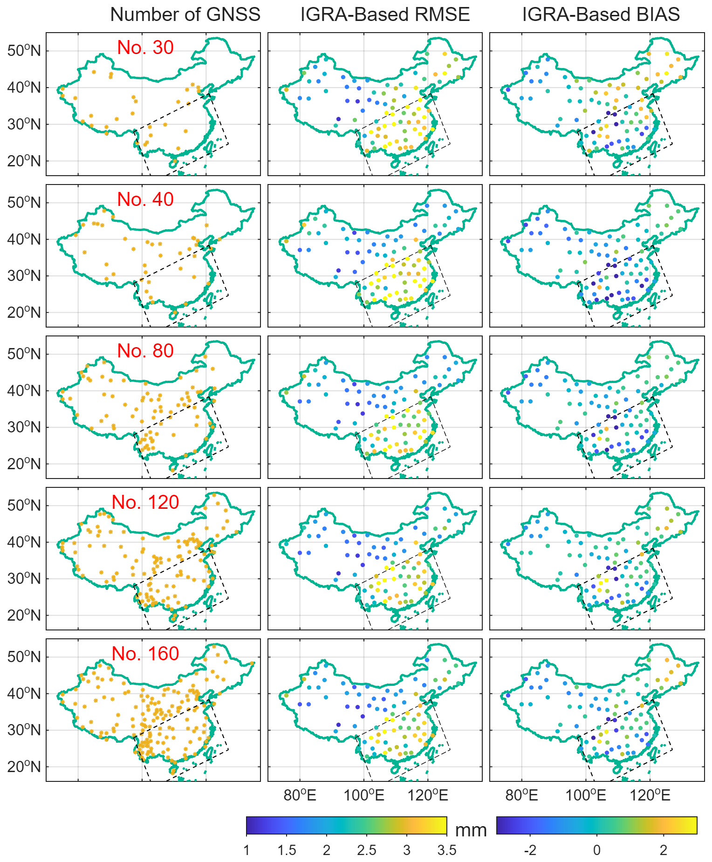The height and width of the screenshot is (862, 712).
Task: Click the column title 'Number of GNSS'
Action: pyautogui.click(x=185, y=14)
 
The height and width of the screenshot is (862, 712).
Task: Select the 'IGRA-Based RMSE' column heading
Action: pyautogui.click(x=385, y=14)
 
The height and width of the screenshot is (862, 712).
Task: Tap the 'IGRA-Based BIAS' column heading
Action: pyautogui.click(x=601, y=14)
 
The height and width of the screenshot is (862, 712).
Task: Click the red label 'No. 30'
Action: pyautogui.click(x=145, y=47)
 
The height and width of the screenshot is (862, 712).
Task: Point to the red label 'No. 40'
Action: pyautogui.click(x=145, y=199)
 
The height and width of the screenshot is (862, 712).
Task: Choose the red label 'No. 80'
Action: pyautogui.click(x=145, y=350)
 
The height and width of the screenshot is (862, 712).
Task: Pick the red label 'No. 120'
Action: pyautogui.click(x=145, y=502)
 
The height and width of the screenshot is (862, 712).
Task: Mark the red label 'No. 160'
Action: pyautogui.click(x=145, y=653)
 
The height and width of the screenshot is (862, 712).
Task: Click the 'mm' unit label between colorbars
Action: pyautogui.click(x=471, y=830)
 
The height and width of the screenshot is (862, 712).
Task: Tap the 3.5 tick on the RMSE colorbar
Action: pyautogui.click(x=446, y=850)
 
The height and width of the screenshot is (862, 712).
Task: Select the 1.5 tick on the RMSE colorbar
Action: pyautogui.click(x=287, y=850)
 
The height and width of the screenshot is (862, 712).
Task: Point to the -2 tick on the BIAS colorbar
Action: pyautogui.click(x=530, y=850)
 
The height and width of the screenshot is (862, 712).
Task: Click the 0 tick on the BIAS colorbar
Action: pyautogui.click(x=597, y=850)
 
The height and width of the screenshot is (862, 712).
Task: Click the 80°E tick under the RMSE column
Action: pyautogui.click(x=300, y=795)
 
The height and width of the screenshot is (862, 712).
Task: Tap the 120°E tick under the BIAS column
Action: pyautogui.click(x=650, y=795)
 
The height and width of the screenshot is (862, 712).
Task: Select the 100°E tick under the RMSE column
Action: pyautogui.click(x=364, y=795)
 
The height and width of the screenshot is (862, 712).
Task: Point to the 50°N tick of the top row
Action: pyautogui.click(x=24, y=50)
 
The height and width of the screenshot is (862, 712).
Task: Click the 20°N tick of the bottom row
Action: pyautogui.click(x=24, y=766)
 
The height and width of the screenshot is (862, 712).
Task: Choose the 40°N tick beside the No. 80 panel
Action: pyautogui.click(x=24, y=390)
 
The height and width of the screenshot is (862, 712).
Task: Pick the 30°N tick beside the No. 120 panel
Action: pyautogui.click(x=24, y=578)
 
